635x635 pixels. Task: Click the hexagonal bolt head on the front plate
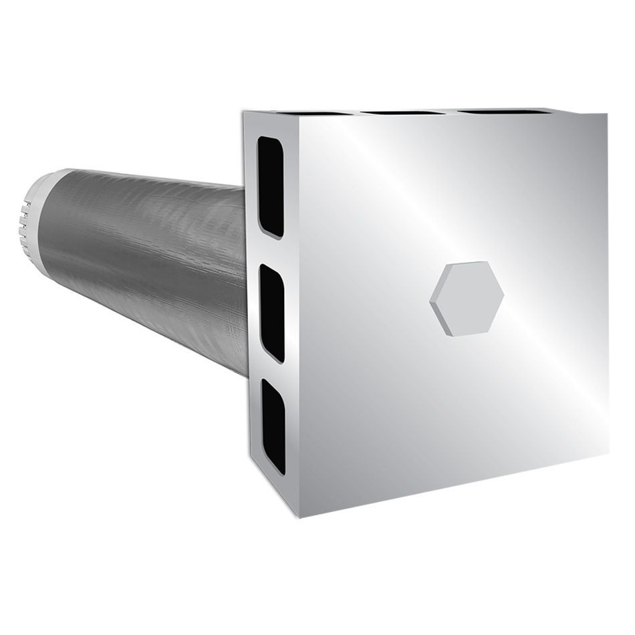click(x=467, y=298)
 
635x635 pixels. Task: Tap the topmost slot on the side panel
click(x=271, y=186)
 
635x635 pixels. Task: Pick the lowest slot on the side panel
click(x=273, y=426)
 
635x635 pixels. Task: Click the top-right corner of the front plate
click(x=607, y=114)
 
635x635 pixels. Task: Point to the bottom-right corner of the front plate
click(x=608, y=453)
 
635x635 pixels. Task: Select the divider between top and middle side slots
click(x=271, y=251)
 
